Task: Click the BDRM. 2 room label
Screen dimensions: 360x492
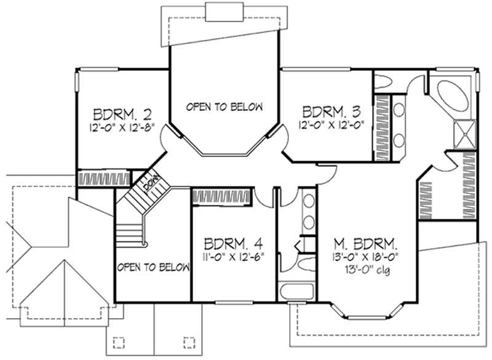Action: (x=122, y=114)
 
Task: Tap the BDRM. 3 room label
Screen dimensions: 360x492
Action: (x=330, y=111)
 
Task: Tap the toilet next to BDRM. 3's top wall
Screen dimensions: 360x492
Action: (x=384, y=82)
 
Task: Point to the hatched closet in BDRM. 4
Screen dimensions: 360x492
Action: (x=221, y=196)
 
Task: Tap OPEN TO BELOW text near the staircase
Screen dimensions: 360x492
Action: (x=152, y=267)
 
